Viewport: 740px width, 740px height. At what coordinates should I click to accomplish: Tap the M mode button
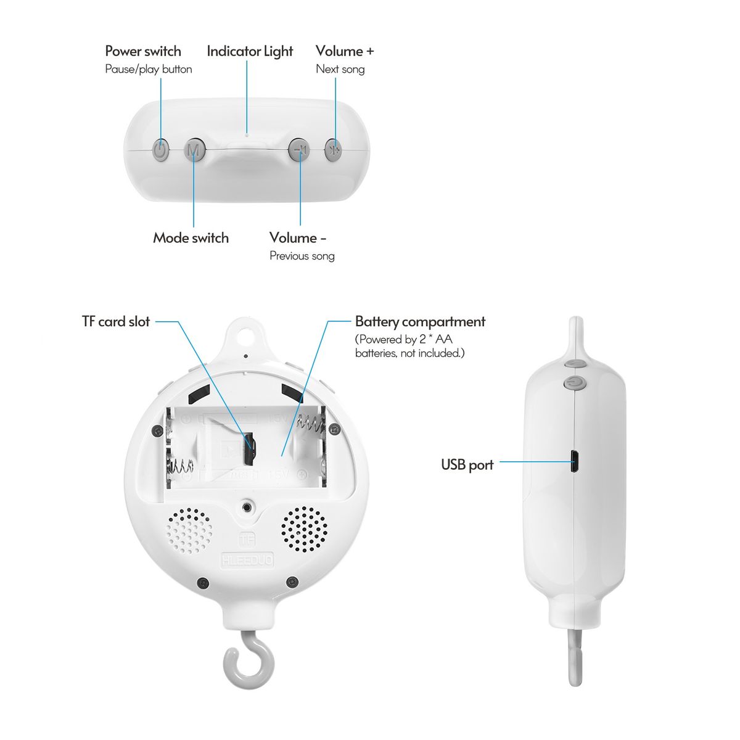coord(195,149)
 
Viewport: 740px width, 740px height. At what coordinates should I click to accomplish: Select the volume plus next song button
coord(332,149)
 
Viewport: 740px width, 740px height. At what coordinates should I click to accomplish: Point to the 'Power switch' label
coord(143,51)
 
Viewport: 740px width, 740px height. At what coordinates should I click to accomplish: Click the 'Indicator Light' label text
coord(250,51)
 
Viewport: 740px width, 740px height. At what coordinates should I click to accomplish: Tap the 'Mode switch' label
coord(191,238)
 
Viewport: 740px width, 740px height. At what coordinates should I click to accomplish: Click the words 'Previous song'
coord(302,256)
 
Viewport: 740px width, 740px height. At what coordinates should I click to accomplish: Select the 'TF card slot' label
coord(116,321)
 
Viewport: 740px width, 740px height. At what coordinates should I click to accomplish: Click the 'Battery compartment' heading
coord(420,322)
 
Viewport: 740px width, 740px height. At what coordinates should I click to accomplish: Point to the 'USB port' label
coord(467,465)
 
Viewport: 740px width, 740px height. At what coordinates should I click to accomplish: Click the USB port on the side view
coord(575,462)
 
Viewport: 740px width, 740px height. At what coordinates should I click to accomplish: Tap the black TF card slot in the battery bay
coord(250,448)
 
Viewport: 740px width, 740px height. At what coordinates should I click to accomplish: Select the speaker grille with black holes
coord(304,530)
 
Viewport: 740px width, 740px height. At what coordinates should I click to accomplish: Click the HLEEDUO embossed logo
coord(247,560)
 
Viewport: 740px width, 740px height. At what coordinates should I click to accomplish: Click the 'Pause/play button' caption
coord(149,70)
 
